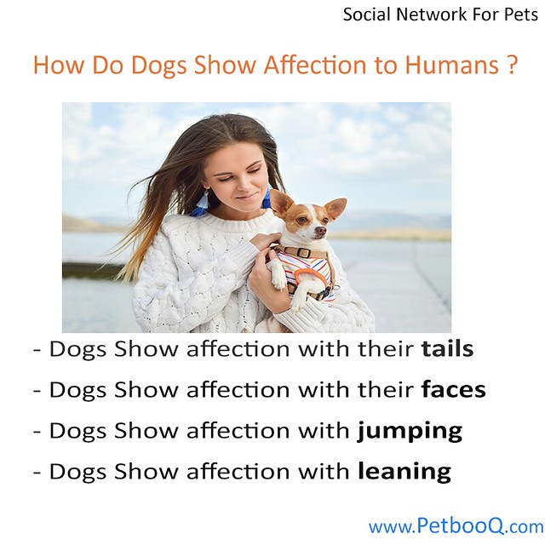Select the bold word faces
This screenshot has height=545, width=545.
click(454, 390)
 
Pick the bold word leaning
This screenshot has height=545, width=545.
click(404, 471)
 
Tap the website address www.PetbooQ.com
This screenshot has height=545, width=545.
click(456, 526)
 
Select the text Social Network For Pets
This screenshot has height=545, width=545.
click(439, 14)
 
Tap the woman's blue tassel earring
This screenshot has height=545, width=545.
click(201, 204)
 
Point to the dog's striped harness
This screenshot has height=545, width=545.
click(305, 271)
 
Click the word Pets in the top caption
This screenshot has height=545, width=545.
click(521, 14)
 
